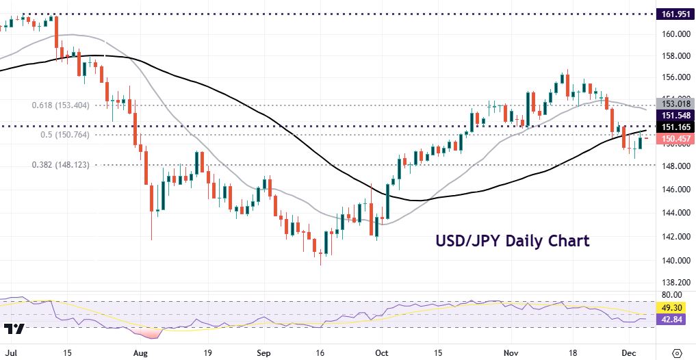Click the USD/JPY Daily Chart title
click(512, 241)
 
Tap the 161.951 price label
click(675, 14)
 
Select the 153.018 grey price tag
click(675, 103)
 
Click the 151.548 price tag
click(675, 115)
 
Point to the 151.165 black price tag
click(675, 127)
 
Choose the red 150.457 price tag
click(675, 139)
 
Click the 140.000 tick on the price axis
click(675, 260)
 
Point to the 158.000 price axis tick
click(675, 55)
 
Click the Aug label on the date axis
click(140, 353)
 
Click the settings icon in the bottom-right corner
click(677, 353)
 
